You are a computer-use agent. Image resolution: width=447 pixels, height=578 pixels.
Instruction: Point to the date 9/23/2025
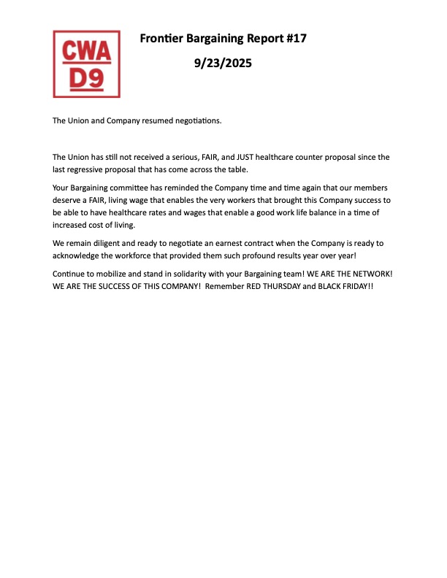coord(223,63)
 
